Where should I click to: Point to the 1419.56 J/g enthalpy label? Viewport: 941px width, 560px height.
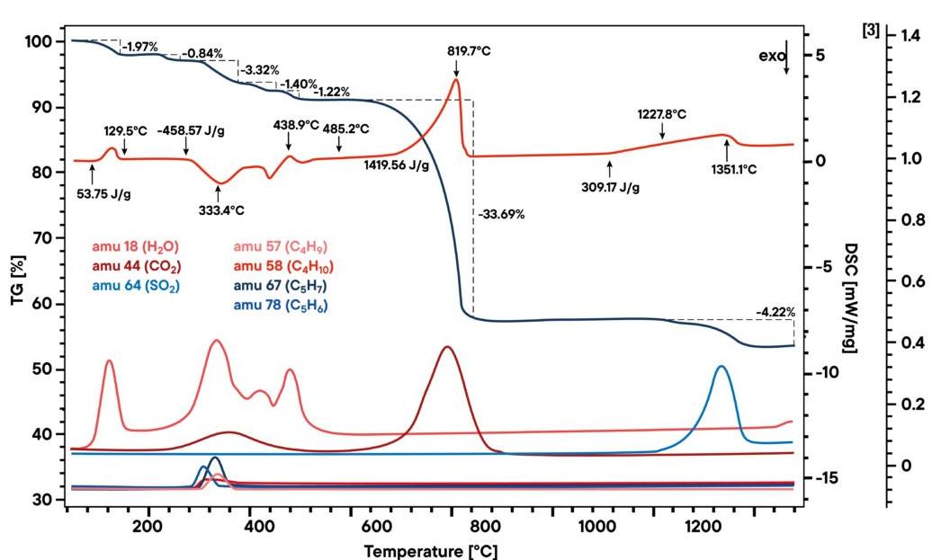(396, 165)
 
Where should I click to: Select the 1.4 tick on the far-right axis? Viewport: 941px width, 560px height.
(910, 36)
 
